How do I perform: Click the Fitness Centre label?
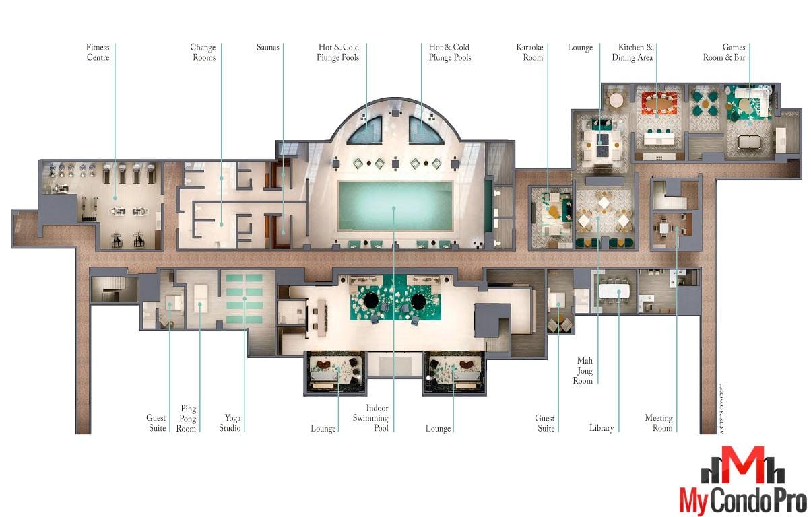tap(98, 52)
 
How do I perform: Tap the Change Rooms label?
tap(203, 52)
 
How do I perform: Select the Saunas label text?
tap(268, 47)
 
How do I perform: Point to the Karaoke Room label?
tap(529, 52)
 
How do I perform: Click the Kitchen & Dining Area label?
tap(632, 52)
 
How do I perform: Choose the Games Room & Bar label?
tap(724, 52)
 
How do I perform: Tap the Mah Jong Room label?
tap(583, 370)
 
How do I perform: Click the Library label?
tap(602, 428)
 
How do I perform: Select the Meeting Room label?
tap(659, 423)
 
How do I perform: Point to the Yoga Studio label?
tap(230, 423)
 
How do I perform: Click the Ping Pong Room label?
tap(186, 419)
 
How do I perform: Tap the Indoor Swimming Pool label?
tap(370, 418)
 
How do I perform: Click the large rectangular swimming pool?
tap(395, 205)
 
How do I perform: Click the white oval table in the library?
tap(614, 291)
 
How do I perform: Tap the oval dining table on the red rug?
tap(659, 105)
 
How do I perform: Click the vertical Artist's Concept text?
tap(721, 409)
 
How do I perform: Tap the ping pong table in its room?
tap(200, 299)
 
